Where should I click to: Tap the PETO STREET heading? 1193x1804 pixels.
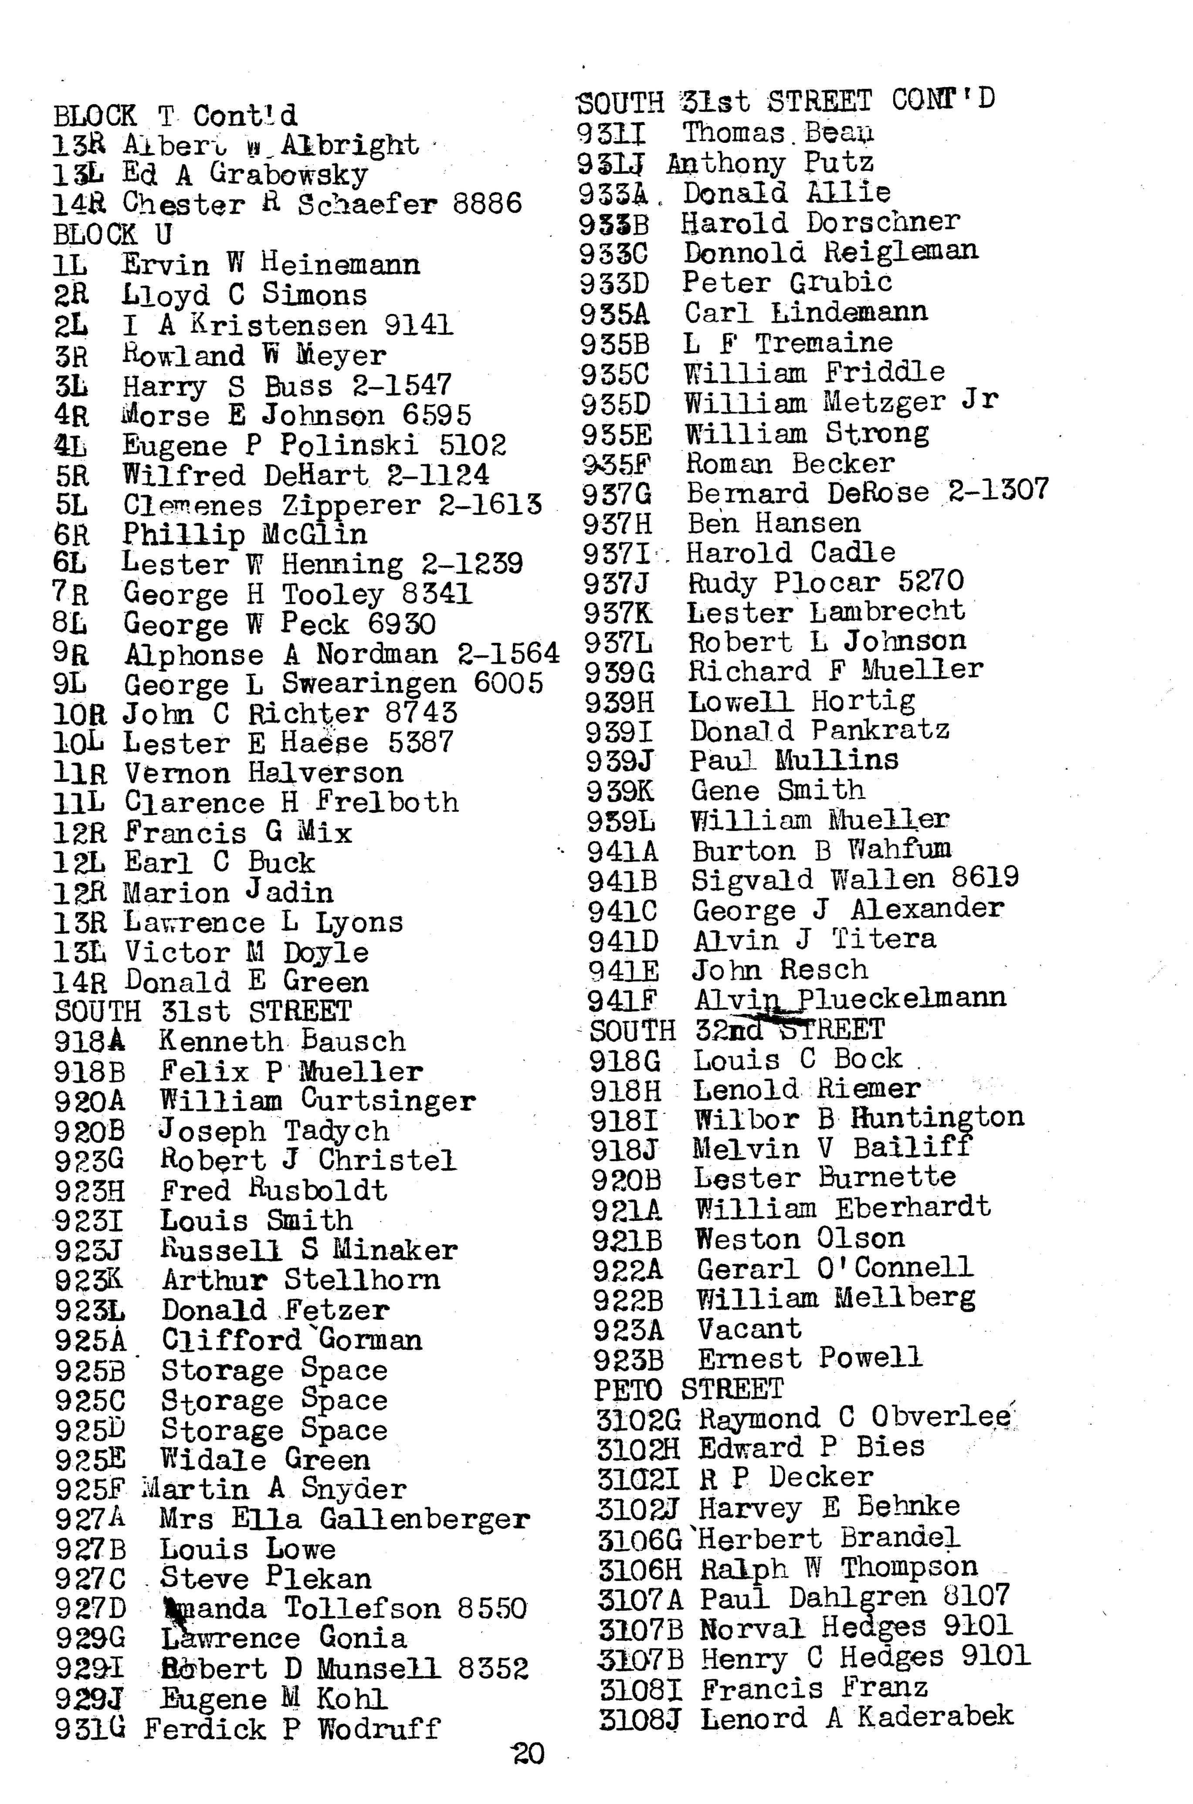[688, 1389]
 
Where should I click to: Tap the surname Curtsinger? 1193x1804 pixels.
[388, 1101]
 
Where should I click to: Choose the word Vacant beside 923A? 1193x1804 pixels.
[749, 1329]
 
